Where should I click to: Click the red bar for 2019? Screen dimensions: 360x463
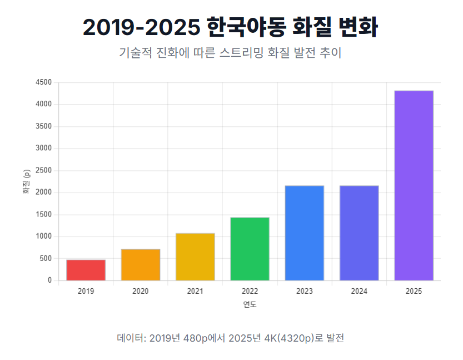tap(86, 270)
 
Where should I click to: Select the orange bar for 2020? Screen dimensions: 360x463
tap(141, 265)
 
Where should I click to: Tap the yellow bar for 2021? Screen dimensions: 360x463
tap(195, 257)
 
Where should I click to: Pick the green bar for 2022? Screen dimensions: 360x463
tap(250, 249)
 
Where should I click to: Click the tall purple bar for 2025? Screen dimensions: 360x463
tap(414, 185)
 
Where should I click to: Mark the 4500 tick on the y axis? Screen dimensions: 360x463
tap(43, 82)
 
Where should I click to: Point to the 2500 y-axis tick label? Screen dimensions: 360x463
tap(43, 171)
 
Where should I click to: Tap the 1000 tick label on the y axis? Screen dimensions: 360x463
tap(43, 236)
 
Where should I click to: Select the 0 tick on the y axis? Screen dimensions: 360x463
tap(49, 280)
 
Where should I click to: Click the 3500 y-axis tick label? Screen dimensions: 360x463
tap(43, 126)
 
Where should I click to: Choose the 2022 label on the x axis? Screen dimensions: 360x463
tap(250, 291)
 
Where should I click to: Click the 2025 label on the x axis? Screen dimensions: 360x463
tap(414, 291)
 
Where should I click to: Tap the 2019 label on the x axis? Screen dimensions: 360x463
tap(86, 291)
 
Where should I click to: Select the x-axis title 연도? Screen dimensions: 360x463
tap(250, 304)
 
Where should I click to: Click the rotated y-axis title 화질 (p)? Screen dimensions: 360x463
tap(26, 181)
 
